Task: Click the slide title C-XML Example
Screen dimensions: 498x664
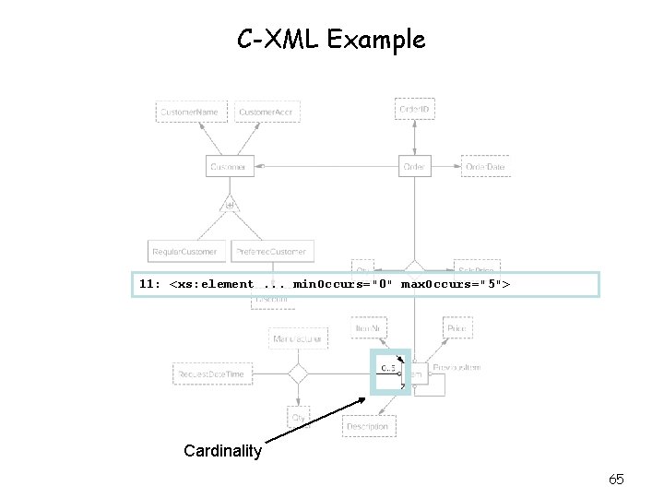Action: coord(331,40)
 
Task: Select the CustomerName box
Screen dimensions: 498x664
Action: coord(191,112)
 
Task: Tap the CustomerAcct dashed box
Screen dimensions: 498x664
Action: coord(267,112)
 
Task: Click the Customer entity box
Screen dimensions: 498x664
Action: coord(228,167)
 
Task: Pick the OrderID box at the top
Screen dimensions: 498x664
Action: coord(414,109)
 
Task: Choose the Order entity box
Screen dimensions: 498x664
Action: coord(414,167)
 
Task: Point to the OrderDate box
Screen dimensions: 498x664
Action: coord(485,167)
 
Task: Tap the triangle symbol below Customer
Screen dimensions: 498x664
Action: coord(228,204)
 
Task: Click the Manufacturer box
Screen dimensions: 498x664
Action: coord(297,338)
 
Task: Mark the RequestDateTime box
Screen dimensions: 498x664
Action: coord(212,373)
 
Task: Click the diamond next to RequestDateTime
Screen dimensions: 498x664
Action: coord(296,373)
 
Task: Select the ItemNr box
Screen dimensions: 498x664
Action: coord(370,327)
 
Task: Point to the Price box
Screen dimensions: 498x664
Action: coord(456,327)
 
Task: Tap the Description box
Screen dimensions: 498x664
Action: coord(368,426)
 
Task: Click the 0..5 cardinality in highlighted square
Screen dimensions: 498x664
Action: coord(387,370)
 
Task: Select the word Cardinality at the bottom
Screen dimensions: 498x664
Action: coord(222,451)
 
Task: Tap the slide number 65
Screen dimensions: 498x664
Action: coord(617,479)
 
